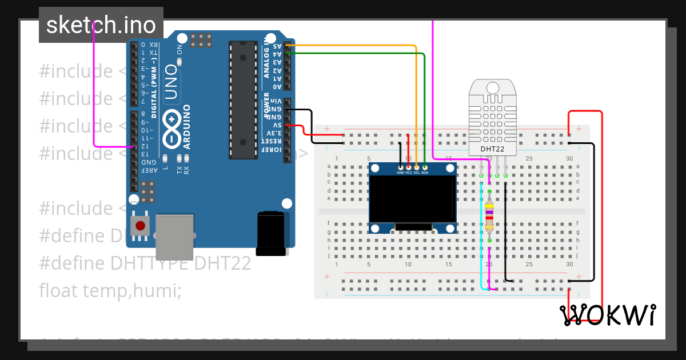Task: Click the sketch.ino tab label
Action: [101, 25]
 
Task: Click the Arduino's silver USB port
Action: [174, 236]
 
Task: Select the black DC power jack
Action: [270, 233]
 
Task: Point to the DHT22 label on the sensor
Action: [492, 149]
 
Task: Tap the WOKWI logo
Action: [608, 315]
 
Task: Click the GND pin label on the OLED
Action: [400, 172]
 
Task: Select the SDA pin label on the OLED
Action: [425, 172]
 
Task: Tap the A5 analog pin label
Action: [277, 45]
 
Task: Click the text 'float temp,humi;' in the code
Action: [110, 291]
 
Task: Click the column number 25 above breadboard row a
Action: [529, 158]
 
